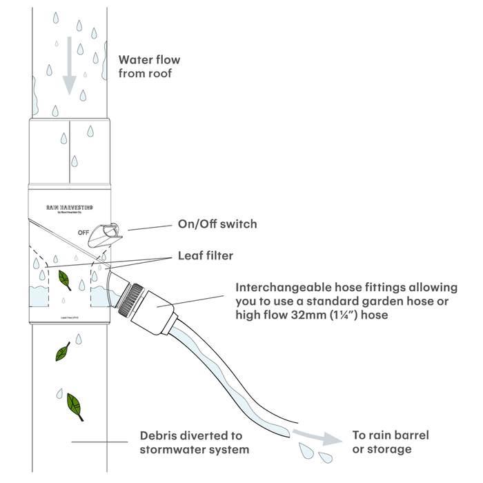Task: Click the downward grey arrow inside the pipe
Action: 69,75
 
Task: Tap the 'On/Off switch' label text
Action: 217,224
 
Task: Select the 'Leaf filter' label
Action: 206,256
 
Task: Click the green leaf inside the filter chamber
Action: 65,279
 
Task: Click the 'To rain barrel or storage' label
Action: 391,442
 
